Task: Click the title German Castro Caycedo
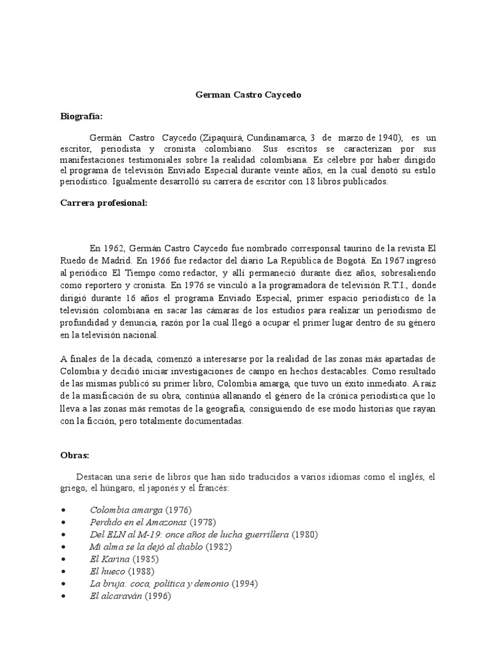[248, 95]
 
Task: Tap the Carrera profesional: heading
[103, 203]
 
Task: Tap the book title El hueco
[108, 571]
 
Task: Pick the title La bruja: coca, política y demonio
[159, 584]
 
